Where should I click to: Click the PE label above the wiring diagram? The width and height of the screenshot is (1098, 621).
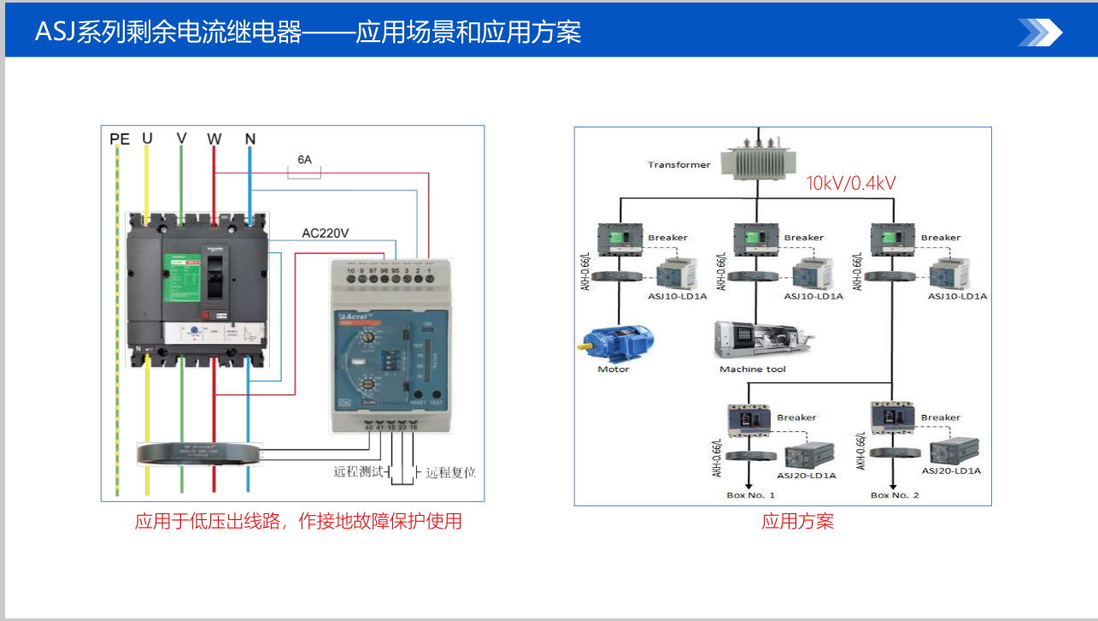click(x=120, y=139)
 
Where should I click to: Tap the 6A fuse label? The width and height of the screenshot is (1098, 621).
click(x=304, y=159)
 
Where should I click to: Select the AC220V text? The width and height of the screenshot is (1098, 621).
click(x=326, y=233)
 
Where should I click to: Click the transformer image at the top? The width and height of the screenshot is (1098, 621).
click(x=758, y=162)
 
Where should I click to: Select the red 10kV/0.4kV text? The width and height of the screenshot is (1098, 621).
click(x=851, y=183)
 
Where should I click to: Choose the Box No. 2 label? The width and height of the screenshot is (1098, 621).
click(x=895, y=495)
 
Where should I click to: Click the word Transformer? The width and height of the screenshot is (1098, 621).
click(x=678, y=165)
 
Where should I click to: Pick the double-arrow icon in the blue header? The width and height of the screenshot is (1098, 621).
click(x=1040, y=33)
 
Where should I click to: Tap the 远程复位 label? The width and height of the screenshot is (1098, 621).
click(x=450, y=472)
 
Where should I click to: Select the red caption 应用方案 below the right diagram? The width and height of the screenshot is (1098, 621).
click(x=797, y=521)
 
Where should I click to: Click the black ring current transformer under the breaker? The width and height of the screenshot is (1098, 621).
click(x=198, y=452)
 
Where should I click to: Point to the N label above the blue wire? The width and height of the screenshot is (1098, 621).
click(x=250, y=139)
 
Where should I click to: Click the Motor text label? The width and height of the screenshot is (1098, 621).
click(x=614, y=369)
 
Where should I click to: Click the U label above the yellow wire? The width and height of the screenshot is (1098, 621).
click(x=147, y=139)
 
